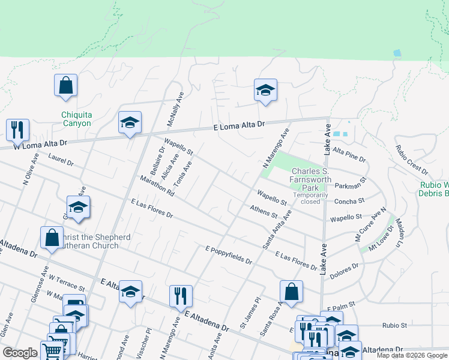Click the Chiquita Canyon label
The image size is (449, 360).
(x=76, y=119)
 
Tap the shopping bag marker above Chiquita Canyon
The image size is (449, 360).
(x=65, y=86)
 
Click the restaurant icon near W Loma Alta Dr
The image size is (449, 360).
(x=17, y=130)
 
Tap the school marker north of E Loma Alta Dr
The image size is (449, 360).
(x=265, y=91)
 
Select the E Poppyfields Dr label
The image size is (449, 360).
(x=229, y=256)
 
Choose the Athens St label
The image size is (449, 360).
(x=264, y=212)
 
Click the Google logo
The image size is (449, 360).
(x=20, y=353)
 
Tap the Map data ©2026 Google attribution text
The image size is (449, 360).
(x=412, y=355)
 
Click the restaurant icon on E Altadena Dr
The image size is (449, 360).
(x=180, y=295)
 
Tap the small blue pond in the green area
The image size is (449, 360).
(x=397, y=53)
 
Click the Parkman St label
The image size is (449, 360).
(x=351, y=184)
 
